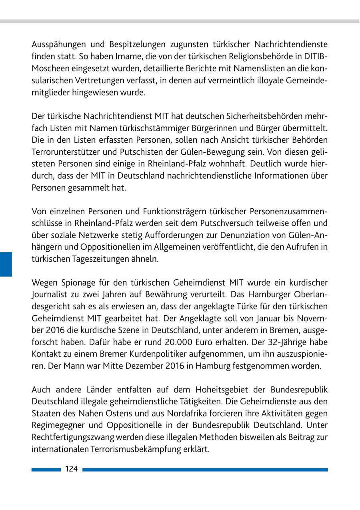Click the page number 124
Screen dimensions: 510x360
[72, 469]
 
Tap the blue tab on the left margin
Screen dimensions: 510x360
[6, 264]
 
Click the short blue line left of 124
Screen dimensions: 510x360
[46, 470]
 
